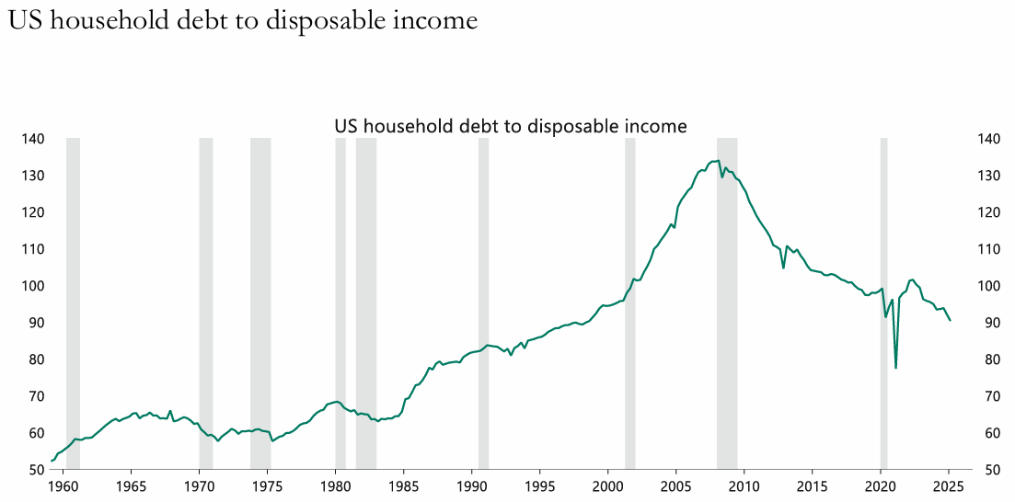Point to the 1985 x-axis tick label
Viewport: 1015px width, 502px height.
pos(403,485)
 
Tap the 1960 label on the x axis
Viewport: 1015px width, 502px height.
pos(63,485)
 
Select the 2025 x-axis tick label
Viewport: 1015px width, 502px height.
pos(948,485)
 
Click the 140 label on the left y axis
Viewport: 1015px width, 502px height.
pos(33,139)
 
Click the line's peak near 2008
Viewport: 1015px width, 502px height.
pos(717,161)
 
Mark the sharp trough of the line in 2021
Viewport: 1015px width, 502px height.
pos(895,368)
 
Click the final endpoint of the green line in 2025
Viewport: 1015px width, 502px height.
pos(950,320)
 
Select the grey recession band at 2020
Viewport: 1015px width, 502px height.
pos(883,303)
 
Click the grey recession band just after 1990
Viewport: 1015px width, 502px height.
pos(483,303)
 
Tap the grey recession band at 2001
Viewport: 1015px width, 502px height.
pos(629,303)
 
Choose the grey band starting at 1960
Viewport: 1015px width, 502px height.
pos(73,303)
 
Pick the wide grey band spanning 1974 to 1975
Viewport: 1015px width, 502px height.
pos(260,303)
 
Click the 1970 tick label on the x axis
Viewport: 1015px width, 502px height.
pos(199,485)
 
